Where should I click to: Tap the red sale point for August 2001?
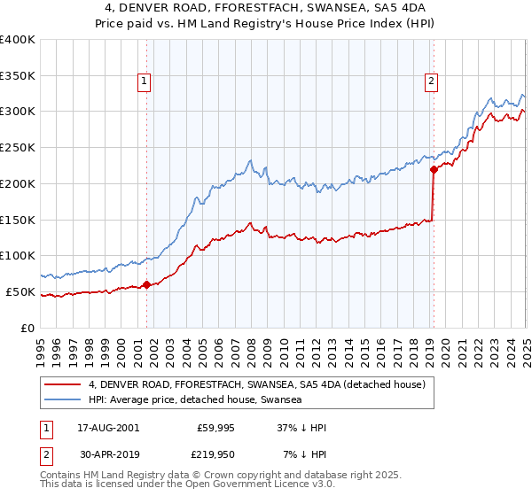(147, 284)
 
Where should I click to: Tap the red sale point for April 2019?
(434, 169)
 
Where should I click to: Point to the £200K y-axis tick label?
(18, 183)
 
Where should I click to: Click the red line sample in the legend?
(63, 384)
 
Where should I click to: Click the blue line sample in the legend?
(63, 399)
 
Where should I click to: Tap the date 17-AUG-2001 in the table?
(108, 428)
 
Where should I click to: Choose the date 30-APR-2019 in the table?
(108, 453)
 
